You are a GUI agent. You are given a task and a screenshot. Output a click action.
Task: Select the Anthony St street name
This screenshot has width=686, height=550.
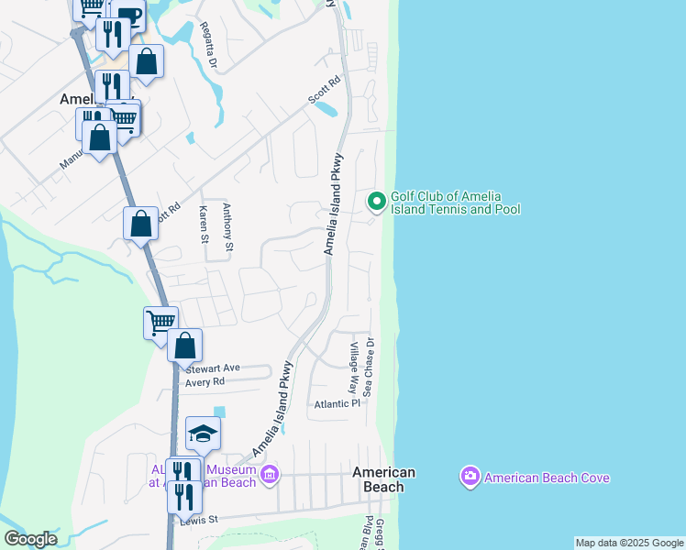click(x=228, y=226)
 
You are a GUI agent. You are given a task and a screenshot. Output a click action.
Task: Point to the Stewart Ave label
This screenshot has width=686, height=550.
click(x=212, y=368)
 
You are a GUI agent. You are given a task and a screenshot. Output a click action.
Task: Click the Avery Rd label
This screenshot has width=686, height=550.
click(x=205, y=381)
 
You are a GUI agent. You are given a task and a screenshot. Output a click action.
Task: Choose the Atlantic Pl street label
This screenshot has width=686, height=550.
click(x=337, y=403)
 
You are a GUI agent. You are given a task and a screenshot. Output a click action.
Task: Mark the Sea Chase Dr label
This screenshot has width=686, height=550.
click(x=370, y=367)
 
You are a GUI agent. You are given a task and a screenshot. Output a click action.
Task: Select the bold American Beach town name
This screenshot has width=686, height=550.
click(x=384, y=479)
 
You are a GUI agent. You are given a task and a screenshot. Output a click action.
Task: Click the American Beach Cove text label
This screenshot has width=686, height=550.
click(x=547, y=478)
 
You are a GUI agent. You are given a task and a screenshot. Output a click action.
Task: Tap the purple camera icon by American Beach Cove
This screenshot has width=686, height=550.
click(x=470, y=476)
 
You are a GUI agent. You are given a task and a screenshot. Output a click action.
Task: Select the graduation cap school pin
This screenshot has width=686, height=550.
click(x=203, y=433)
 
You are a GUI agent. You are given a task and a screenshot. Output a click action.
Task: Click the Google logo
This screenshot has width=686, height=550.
click(x=30, y=539)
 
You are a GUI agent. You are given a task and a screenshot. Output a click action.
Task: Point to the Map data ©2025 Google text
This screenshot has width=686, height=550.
click(x=629, y=543)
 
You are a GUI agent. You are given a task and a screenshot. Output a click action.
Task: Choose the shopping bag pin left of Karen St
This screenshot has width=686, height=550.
click(x=140, y=223)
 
